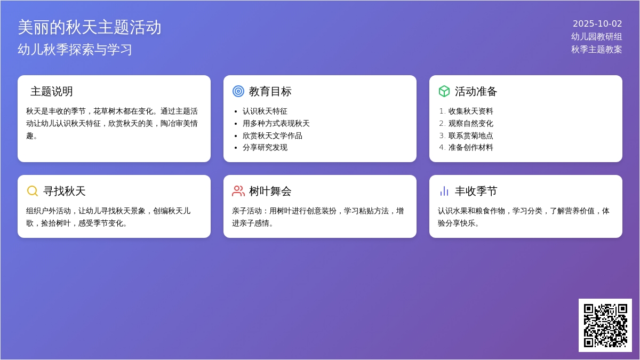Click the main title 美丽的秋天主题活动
[90, 27]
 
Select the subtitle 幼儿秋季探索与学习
[75, 50]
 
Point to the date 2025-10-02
[597, 23]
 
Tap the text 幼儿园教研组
[597, 37]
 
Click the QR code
[605, 325]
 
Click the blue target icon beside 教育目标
[238, 91]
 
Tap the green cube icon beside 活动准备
[444, 91]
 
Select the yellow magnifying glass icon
[33, 191]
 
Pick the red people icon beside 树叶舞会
[238, 191]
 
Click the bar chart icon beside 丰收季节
[444, 191]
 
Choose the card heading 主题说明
[51, 91]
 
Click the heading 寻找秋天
[65, 191]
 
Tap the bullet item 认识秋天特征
[265, 111]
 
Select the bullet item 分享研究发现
[265, 147]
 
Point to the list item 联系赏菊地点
[470, 135]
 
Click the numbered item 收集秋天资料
[470, 111]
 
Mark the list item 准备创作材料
[470, 147]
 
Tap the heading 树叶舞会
[270, 191]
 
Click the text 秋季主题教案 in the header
[597, 50]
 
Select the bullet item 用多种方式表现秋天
[276, 123]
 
